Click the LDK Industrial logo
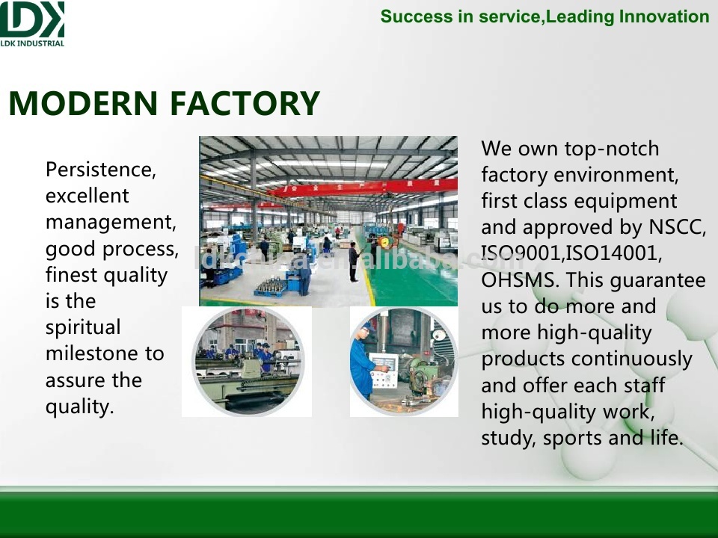coord(32,24)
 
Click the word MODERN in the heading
coord(83,103)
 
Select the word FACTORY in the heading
coord(245,103)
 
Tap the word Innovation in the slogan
coord(664,16)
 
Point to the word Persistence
coord(101,170)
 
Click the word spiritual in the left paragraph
coord(83,327)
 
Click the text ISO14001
coord(614,253)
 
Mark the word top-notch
coord(611,149)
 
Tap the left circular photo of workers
coord(247,362)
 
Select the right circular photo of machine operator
coord(404,362)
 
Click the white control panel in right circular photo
coord(384,371)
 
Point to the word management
coord(111,223)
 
